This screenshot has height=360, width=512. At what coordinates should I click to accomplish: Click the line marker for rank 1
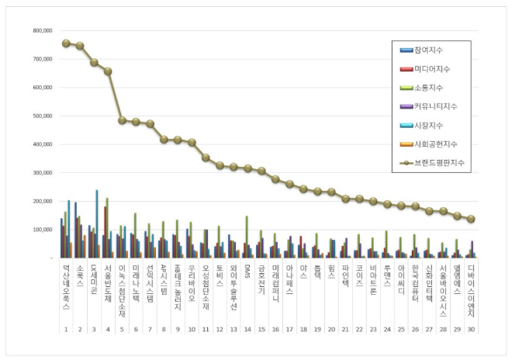coord(66,43)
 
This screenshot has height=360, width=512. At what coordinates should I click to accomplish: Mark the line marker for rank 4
coord(108,71)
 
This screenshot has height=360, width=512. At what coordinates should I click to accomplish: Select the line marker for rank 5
coord(122,120)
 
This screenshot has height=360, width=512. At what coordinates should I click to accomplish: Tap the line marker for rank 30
coord(471,219)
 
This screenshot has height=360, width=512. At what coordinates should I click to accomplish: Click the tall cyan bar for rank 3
coord(97,223)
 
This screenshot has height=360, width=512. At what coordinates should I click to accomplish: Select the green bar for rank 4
coord(107,227)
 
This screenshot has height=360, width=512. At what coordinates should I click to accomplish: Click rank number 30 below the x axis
coord(471,329)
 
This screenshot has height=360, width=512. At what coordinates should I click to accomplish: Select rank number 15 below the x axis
coord(261,329)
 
